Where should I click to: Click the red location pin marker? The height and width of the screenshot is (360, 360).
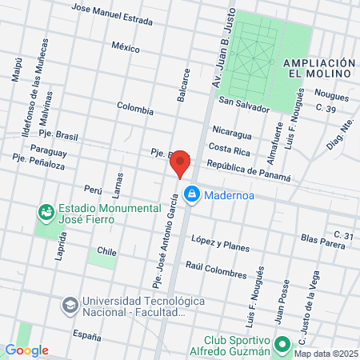click(x=181, y=163)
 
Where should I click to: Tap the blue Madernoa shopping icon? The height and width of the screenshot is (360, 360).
click(x=192, y=194)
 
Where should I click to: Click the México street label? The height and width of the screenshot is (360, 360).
click(x=126, y=47)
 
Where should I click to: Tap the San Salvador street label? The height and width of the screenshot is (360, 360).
click(x=245, y=102)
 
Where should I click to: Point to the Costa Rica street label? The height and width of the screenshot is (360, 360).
click(x=230, y=148)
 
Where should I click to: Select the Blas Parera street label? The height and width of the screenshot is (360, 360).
click(x=322, y=239)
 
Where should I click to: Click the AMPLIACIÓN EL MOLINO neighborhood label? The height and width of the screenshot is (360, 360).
click(x=318, y=67)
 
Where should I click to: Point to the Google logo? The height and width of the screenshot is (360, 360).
click(x=26, y=350)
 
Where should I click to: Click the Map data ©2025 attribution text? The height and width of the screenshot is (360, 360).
click(x=324, y=354)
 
